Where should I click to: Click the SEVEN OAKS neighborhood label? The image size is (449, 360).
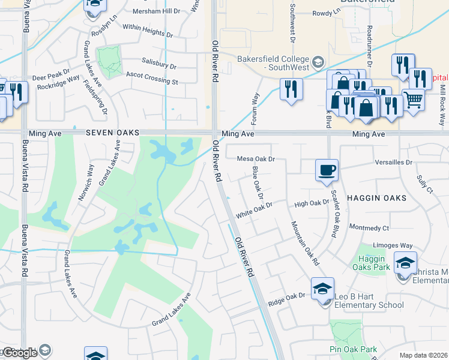[112, 133]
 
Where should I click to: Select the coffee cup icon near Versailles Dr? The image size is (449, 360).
[327, 170]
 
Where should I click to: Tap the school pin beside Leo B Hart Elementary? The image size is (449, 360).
[322, 290]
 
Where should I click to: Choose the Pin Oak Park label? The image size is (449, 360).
[353, 349]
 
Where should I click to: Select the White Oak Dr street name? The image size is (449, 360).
[254, 213]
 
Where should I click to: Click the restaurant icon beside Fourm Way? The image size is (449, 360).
[291, 89]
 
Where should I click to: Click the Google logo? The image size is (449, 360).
[20, 353]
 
